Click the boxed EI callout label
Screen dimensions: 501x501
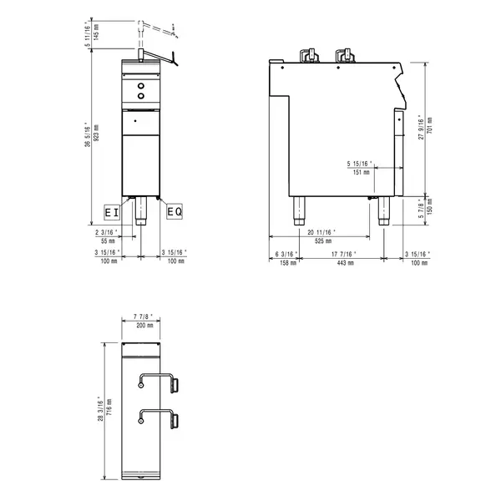[x=111, y=212]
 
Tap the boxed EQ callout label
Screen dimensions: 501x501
[x=174, y=212]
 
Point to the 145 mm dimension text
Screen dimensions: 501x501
[x=96, y=33]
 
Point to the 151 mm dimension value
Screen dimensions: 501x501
[x=362, y=173]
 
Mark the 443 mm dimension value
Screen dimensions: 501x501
[x=342, y=262]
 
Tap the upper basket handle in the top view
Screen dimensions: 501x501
[x=159, y=382]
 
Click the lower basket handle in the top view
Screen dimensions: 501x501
[x=159, y=417]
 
